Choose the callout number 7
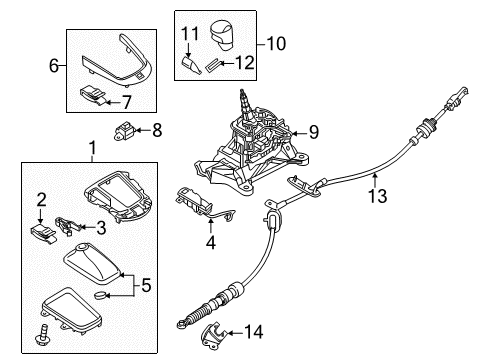(x=126, y=101)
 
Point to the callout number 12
(x=242, y=65)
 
